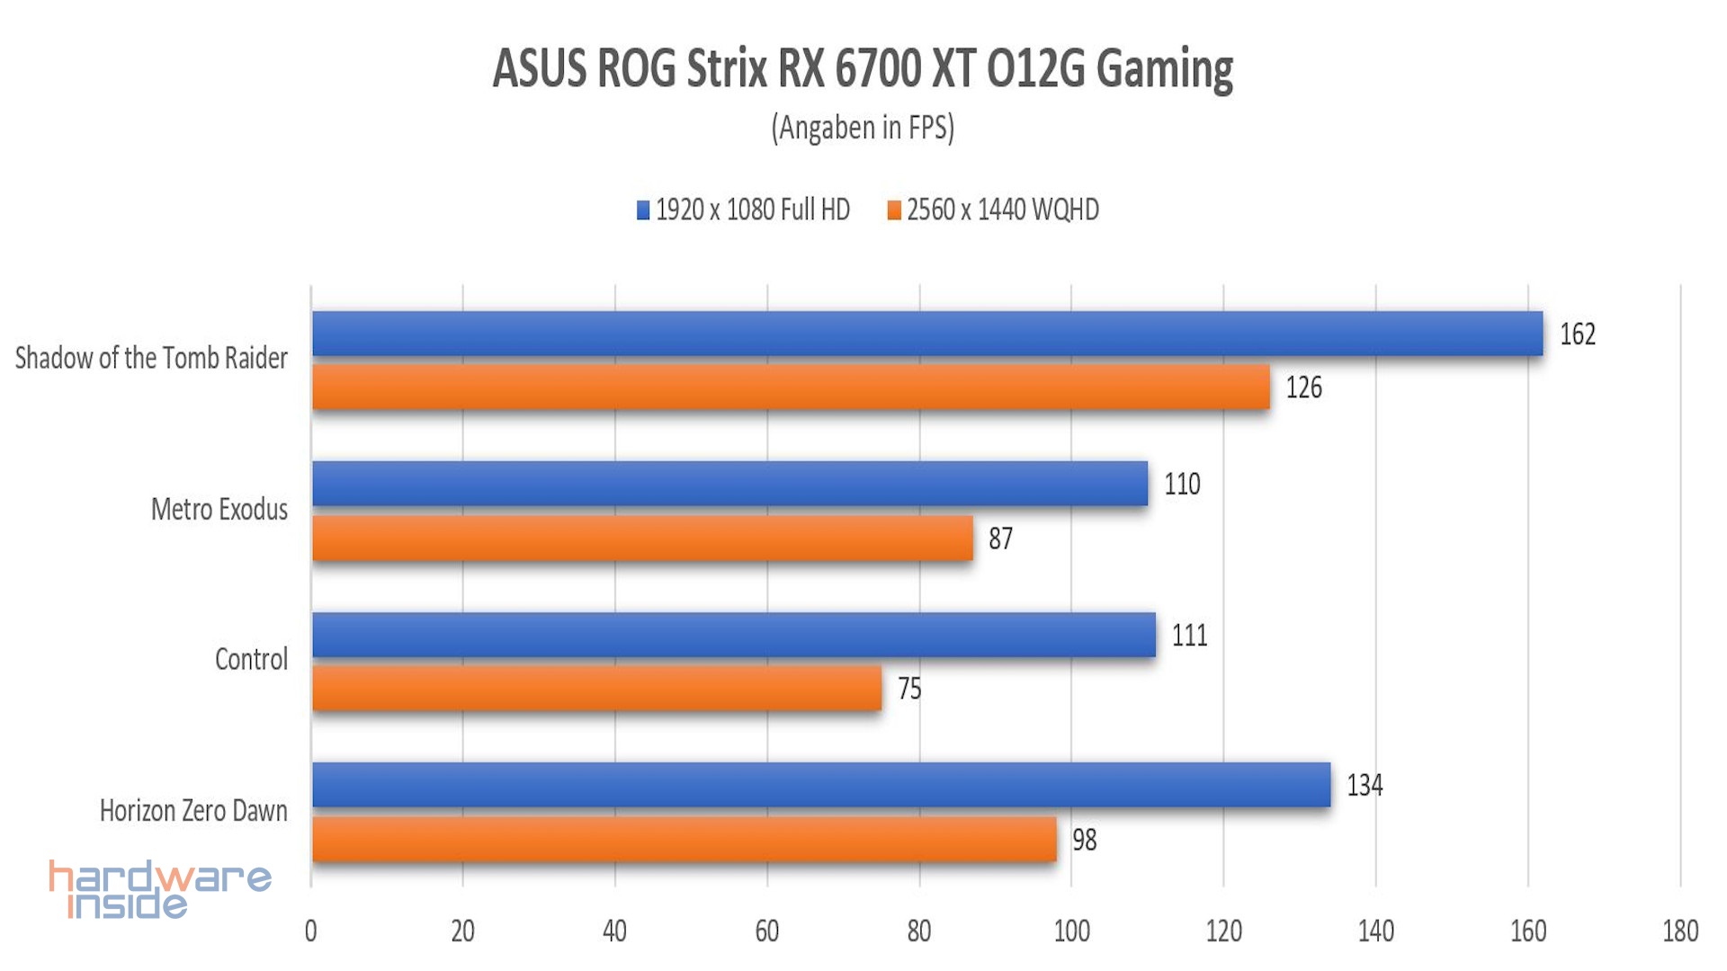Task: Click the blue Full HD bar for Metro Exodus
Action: pos(729,485)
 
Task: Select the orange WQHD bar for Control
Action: pos(596,689)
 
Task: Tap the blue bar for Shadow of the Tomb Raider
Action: pos(927,334)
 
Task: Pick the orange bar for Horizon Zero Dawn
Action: pos(684,840)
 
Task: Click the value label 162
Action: pos(1578,334)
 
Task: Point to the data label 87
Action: pos(1000,539)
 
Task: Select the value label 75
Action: pos(909,689)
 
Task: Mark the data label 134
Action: pos(1365,786)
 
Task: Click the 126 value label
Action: pos(1303,388)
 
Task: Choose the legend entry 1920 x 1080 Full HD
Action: pos(752,210)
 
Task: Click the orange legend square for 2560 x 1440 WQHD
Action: pos(894,210)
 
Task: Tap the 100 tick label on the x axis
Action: pos(1071,931)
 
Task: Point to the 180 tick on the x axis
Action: pos(1680,931)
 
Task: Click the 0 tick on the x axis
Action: pos(311,931)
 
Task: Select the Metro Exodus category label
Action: pos(219,510)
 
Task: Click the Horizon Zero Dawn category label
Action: pos(193,811)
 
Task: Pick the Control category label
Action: pos(251,660)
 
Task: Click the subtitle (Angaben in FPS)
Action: pos(863,128)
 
